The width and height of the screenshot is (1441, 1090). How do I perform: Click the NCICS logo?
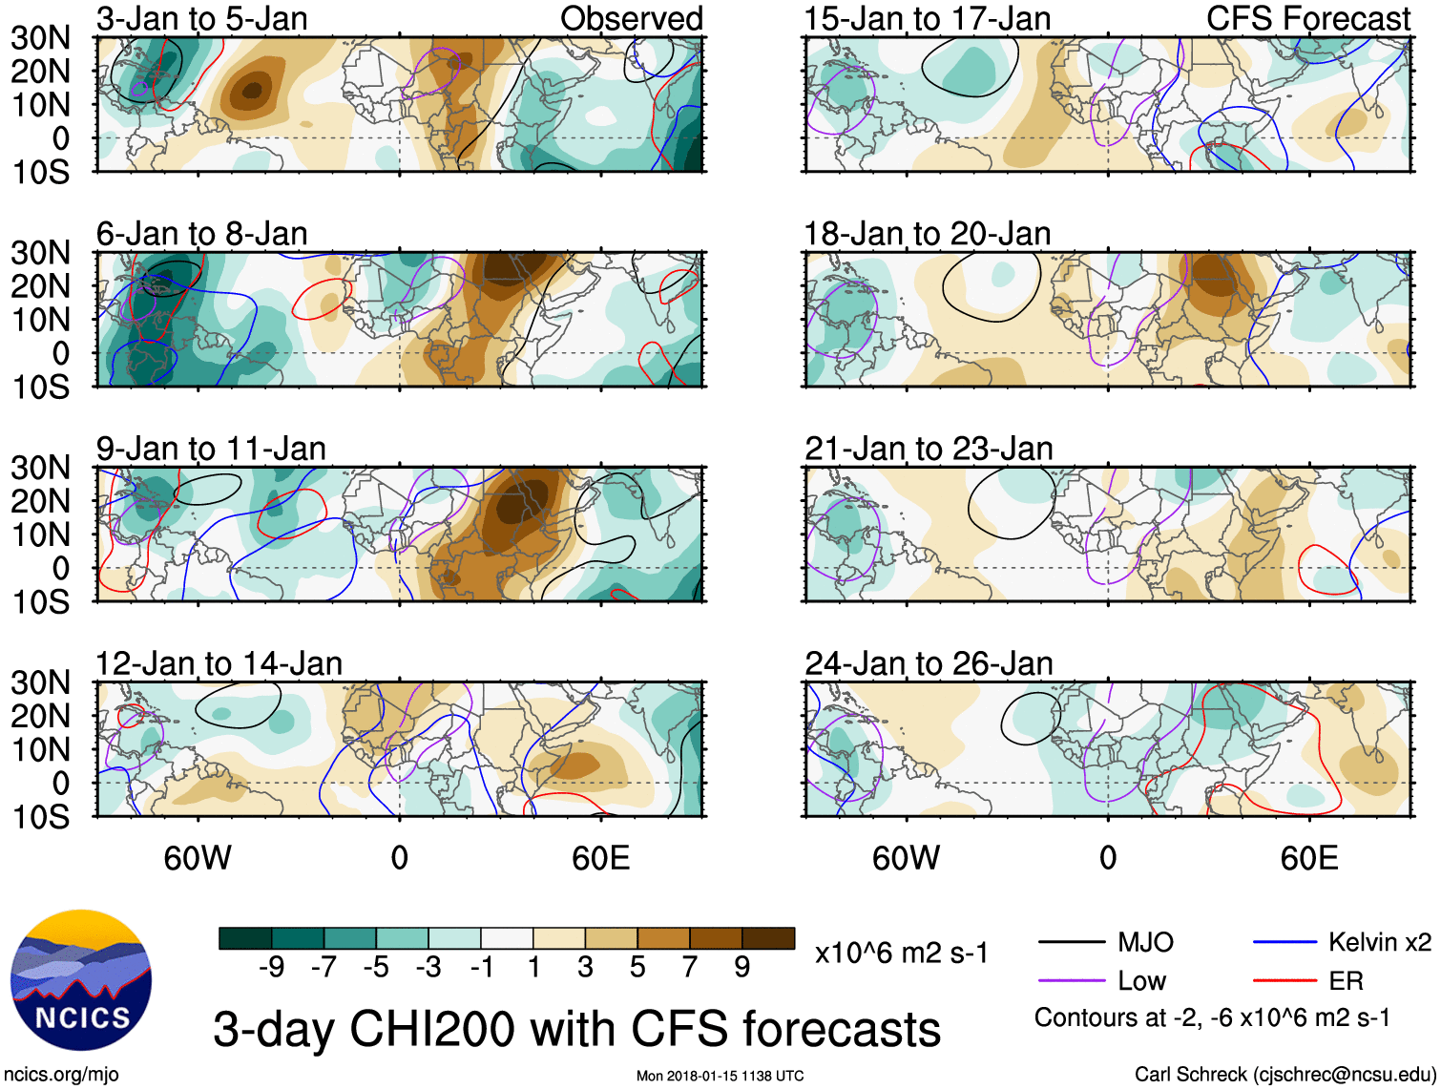[80, 980]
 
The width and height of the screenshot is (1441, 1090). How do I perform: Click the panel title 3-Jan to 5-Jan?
[201, 18]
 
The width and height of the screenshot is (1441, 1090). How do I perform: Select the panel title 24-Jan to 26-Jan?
[929, 663]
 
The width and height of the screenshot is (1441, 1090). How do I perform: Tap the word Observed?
[631, 18]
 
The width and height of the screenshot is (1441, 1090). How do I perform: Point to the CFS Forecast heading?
[1307, 18]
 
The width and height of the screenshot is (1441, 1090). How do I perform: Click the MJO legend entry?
[1144, 943]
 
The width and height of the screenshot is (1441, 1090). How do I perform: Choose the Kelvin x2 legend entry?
[1379, 943]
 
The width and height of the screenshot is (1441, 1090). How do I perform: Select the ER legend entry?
[1346, 981]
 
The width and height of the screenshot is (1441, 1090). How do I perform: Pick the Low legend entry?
[1141, 981]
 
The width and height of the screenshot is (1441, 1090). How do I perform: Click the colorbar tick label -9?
[272, 968]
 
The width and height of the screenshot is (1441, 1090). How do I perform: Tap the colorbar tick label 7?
[690, 968]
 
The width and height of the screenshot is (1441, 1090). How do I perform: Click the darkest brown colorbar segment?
[768, 938]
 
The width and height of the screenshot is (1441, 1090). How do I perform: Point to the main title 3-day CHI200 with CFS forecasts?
[576, 1030]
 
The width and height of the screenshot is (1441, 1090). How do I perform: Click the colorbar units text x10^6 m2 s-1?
[902, 954]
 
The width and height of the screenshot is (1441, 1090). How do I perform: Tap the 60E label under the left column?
[600, 858]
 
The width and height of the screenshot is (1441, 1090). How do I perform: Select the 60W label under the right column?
[906, 858]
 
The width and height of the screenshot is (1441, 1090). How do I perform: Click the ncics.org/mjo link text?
[61, 1075]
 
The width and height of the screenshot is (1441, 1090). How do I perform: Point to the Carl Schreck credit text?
[1284, 1075]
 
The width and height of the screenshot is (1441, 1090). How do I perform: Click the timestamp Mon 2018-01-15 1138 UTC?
[720, 1077]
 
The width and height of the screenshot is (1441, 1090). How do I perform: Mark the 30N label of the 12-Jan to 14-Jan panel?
[40, 683]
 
